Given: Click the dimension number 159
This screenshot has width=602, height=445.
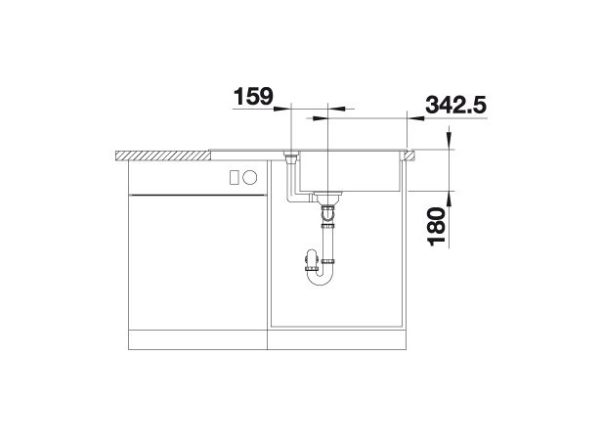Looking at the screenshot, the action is pos(253,96).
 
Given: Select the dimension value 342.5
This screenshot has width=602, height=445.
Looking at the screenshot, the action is pos(455,105).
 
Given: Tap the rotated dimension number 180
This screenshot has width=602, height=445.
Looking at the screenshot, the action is pos(436,226).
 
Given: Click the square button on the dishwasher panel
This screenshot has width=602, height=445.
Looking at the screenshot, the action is pos(235,178).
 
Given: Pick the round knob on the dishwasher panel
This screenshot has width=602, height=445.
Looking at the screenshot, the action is pos(250,178).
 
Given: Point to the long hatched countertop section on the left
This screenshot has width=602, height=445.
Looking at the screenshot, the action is pos(163,156).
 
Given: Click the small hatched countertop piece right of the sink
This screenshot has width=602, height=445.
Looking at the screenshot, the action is pos(408,156).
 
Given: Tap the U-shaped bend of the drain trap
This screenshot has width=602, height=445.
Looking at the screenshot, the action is pos(320,277).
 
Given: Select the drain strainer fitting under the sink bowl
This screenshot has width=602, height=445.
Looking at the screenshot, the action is pos(327,198).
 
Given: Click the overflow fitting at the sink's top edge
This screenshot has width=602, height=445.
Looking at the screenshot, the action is pos(291,157).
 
